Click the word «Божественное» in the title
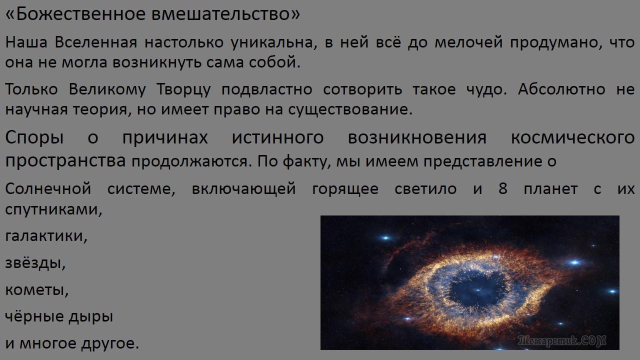coord(75,14)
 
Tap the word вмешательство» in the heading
coord(225,14)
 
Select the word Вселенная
coord(96,42)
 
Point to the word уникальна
coord(273,42)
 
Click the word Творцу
coord(183,89)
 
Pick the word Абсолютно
coord(561,89)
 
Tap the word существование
coord(350,109)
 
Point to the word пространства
coord(65,161)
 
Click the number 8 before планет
coord(503,188)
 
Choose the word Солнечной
coord(48,188)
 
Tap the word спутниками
coord(53,209)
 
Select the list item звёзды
coord(35,263)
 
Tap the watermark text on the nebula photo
coord(561,341)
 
